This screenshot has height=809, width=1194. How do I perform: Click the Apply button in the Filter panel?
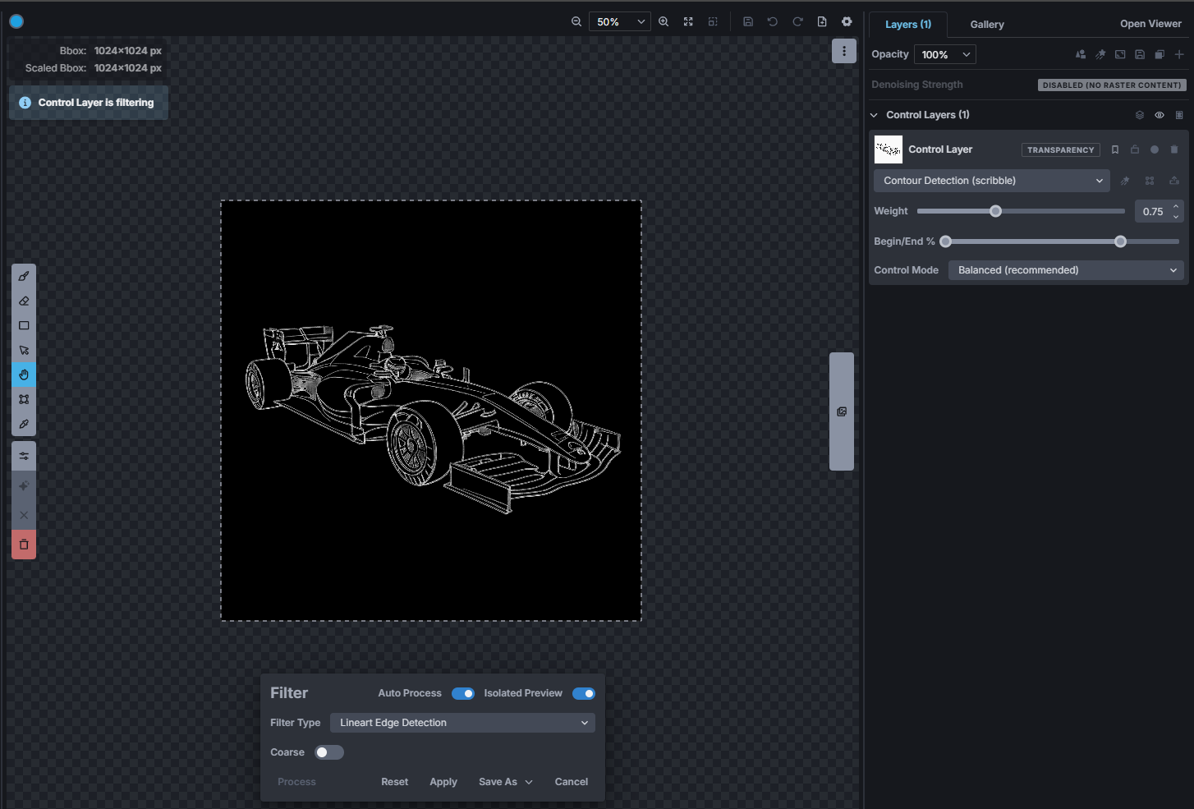(443, 781)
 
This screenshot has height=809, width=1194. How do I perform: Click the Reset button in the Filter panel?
(394, 781)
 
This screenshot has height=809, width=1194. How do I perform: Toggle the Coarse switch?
(328, 752)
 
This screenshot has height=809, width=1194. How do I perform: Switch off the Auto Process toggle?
(462, 693)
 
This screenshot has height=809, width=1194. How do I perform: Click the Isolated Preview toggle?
(584, 693)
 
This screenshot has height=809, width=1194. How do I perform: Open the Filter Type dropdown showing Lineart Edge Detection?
(462, 723)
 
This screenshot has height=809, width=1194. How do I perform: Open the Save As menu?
(505, 781)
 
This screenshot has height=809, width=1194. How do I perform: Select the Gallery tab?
(986, 25)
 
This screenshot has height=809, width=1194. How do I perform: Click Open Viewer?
(1150, 24)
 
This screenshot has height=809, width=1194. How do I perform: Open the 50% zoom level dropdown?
(619, 22)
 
